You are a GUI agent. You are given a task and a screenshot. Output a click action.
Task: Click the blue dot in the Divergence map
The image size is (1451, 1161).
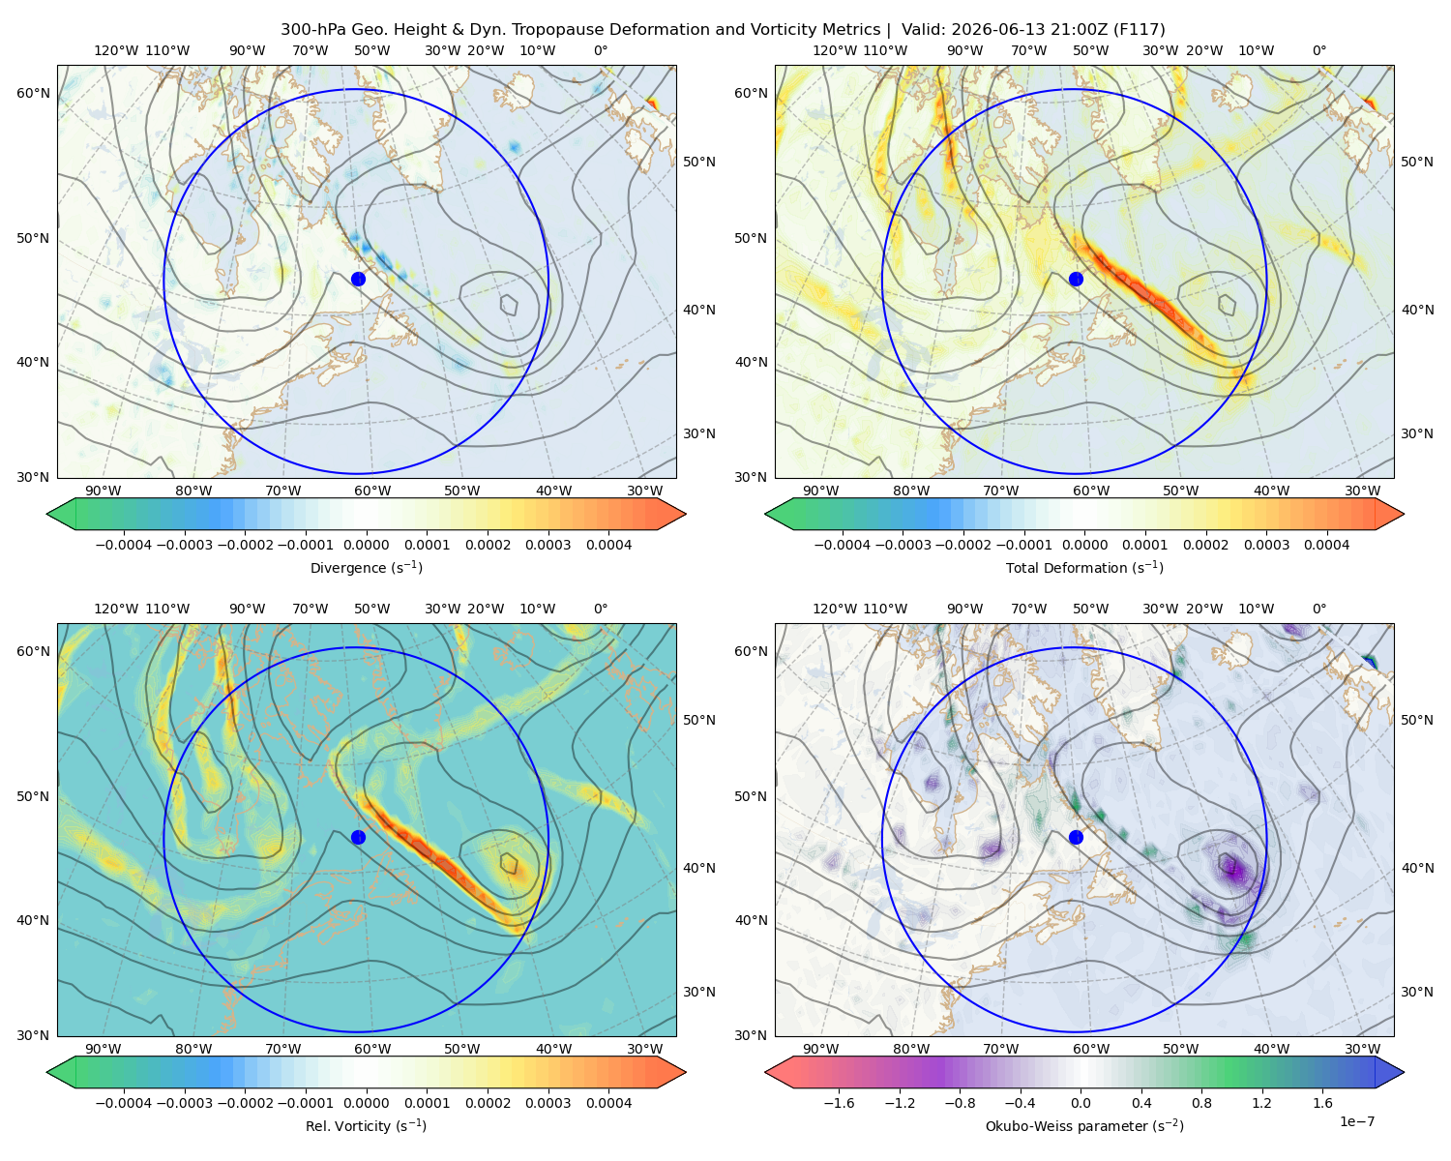358,279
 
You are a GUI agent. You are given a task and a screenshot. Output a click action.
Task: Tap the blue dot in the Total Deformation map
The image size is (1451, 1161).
1076,279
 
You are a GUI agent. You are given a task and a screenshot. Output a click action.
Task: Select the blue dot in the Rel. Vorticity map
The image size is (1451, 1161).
358,837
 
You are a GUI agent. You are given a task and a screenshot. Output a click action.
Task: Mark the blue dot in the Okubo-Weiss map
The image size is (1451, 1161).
1076,837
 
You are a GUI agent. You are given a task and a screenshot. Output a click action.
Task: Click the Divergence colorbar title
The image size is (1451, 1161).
366,567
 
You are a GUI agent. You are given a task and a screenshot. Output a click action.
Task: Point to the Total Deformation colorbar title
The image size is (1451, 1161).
1084,567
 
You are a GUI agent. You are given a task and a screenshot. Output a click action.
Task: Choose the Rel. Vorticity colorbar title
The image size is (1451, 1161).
366,1125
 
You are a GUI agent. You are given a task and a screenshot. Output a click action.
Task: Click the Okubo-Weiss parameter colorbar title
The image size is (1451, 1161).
1084,1125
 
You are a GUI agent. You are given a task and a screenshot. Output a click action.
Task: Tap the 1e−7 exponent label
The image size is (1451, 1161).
1356,1121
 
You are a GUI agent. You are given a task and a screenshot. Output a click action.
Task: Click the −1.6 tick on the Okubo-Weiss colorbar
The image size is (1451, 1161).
839,1102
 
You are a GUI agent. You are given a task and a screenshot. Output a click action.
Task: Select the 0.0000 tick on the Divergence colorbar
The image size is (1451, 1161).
366,545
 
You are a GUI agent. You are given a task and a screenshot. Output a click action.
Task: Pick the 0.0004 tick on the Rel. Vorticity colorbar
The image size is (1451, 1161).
608,1102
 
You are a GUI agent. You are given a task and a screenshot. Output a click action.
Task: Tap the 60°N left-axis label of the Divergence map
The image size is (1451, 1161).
33,93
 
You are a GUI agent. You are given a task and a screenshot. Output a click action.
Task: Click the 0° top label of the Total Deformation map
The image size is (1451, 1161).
1318,50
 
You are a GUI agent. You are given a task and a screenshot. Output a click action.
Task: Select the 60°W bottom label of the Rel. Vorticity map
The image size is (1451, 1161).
372,1049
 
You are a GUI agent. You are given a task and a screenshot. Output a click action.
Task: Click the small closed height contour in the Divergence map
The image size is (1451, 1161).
509,304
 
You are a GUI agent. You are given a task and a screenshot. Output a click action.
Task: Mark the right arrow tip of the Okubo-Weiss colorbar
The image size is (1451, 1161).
1404,1072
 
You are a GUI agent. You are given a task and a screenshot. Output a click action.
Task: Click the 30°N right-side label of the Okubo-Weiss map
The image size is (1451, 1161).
1417,991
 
